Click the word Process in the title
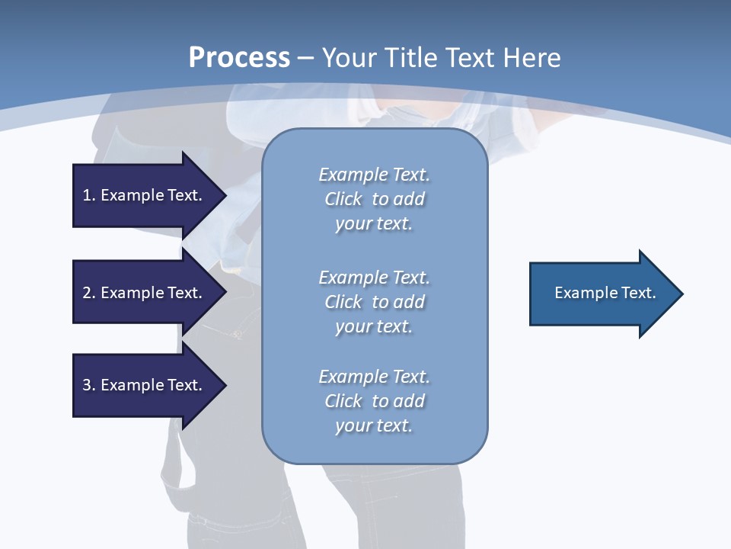pyautogui.click(x=239, y=57)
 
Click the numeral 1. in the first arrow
pyautogui.click(x=89, y=195)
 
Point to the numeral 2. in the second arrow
pyautogui.click(x=89, y=293)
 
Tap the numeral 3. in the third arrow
pyautogui.click(x=89, y=385)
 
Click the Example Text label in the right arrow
pyautogui.click(x=605, y=293)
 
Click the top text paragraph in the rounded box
pyautogui.click(x=374, y=199)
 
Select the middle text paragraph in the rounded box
pyautogui.click(x=374, y=302)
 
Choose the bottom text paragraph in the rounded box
pyautogui.click(x=374, y=401)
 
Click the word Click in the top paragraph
pyautogui.click(x=343, y=199)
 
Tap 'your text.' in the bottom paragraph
pyautogui.click(x=374, y=425)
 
